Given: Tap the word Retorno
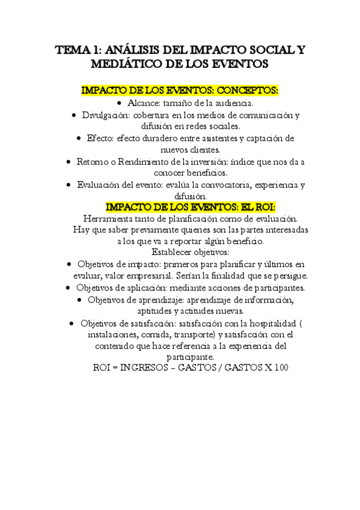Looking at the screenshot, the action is coord(93,162).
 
